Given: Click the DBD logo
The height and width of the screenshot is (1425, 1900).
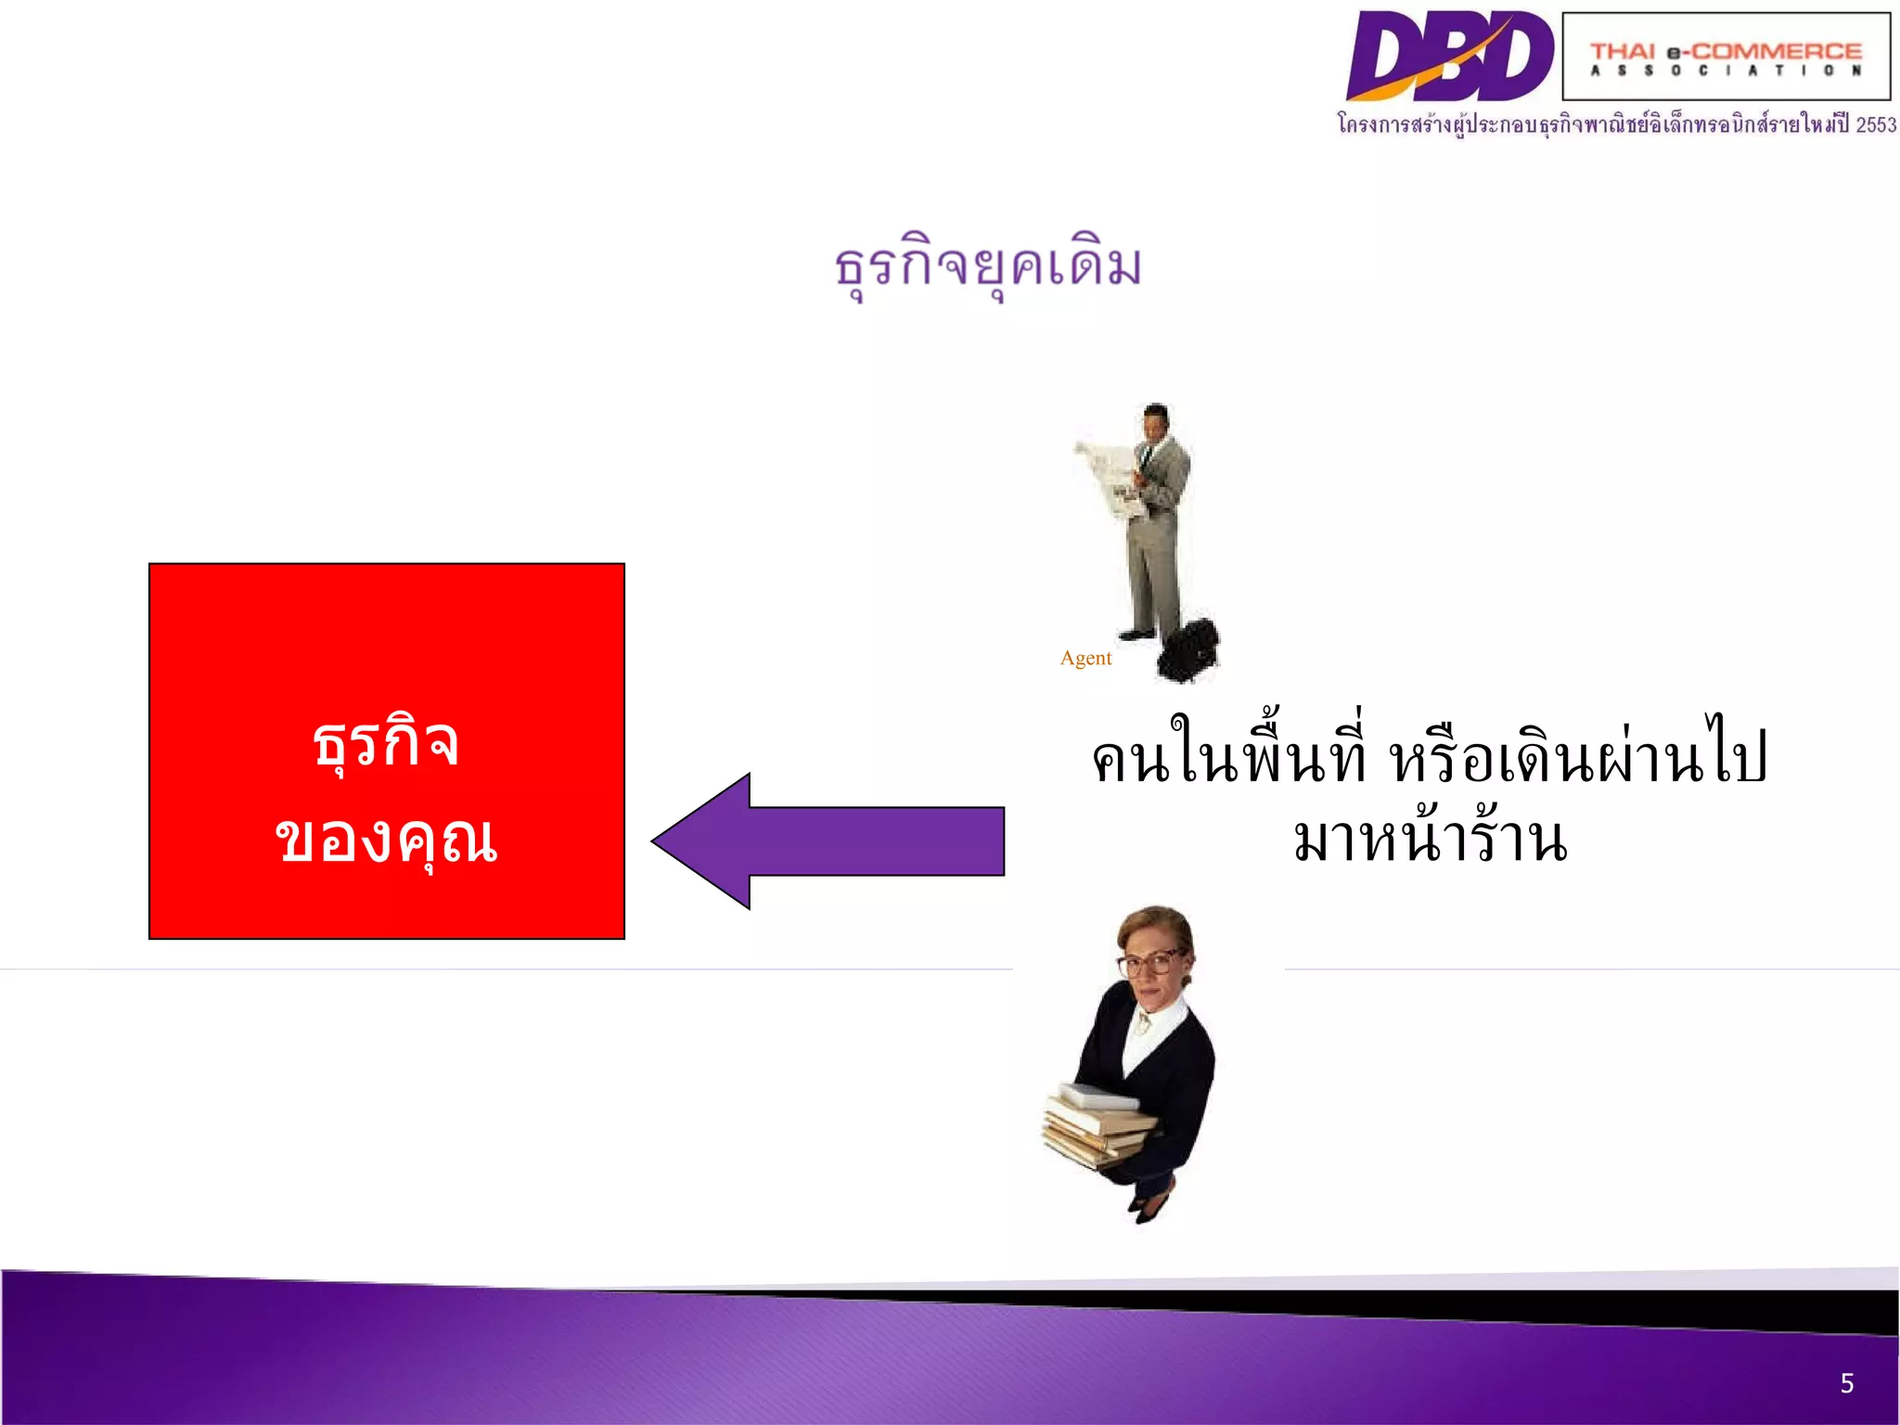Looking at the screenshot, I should tap(1449, 56).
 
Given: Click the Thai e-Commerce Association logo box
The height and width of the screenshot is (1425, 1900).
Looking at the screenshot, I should tap(1726, 56).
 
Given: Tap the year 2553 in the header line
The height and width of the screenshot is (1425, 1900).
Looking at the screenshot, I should tap(1875, 124).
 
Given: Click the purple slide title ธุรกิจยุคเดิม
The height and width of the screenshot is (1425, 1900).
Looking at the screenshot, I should tap(988, 266).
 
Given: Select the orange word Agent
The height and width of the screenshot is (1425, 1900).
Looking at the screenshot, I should tap(1085, 658).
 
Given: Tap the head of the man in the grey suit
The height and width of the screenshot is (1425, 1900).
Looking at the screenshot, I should tap(1156, 422).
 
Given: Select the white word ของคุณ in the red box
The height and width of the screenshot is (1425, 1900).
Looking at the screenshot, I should tap(386, 840).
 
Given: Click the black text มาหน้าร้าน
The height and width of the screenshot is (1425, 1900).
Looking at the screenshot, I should tap(1430, 840).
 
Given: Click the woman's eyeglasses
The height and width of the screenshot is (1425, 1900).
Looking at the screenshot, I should tap(1150, 962).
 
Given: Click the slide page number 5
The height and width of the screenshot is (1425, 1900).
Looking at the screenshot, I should tap(1846, 1383).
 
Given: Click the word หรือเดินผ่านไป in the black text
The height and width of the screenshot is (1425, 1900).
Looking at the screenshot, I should tap(1577, 756).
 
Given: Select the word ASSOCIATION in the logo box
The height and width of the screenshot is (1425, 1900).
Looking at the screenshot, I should tap(1726, 71).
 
